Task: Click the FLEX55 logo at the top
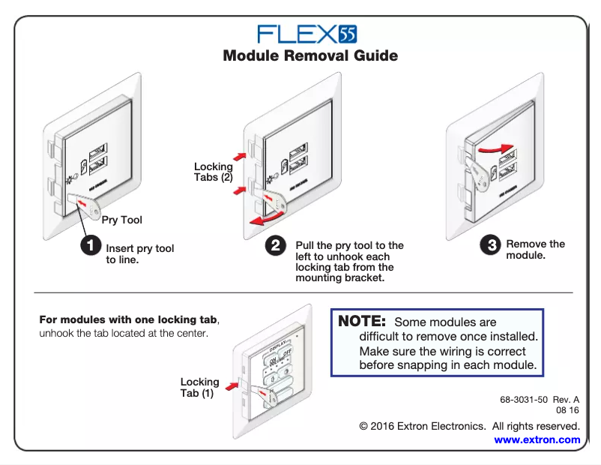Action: pyautogui.click(x=306, y=34)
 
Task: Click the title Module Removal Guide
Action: pyautogui.click(x=310, y=56)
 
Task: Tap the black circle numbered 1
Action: pyautogui.click(x=90, y=245)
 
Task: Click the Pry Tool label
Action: pyautogui.click(x=121, y=220)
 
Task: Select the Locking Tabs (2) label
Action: pyautogui.click(x=213, y=172)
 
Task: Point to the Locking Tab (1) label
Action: pyautogui.click(x=199, y=387)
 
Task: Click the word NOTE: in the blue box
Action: pyautogui.click(x=362, y=322)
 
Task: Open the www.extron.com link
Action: pyautogui.click(x=537, y=439)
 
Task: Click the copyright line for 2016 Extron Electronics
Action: pyautogui.click(x=470, y=426)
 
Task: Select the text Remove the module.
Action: pyautogui.click(x=535, y=249)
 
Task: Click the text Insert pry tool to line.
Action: pyautogui.click(x=139, y=253)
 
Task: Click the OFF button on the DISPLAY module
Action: pyautogui.click(x=286, y=353)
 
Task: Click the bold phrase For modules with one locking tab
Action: pyautogui.click(x=127, y=319)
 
